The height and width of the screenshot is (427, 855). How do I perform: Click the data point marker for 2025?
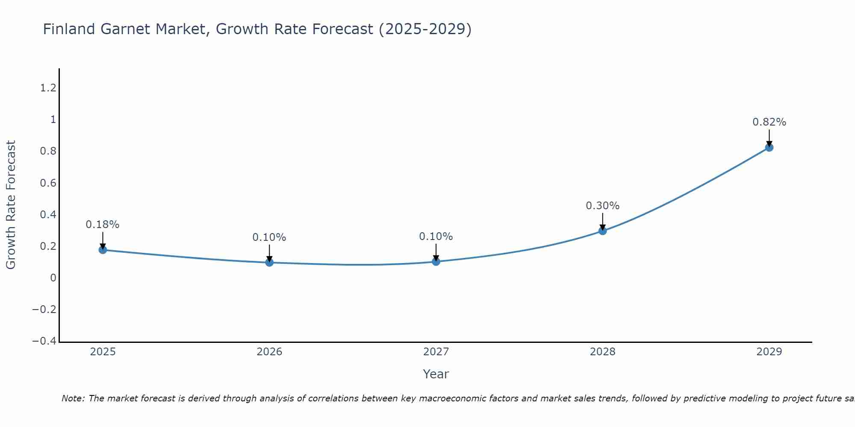tap(103, 250)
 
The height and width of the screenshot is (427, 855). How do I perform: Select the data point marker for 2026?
tap(269, 262)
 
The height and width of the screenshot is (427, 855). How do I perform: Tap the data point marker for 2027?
tap(436, 261)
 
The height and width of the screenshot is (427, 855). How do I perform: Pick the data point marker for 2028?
tap(602, 231)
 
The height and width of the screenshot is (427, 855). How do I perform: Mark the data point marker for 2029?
tap(769, 148)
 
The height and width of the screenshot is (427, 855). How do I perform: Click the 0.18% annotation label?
tap(103, 225)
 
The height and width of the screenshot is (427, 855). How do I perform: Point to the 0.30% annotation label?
tap(602, 206)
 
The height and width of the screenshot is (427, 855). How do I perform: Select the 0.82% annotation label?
tap(769, 122)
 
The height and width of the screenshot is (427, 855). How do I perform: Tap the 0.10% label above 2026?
tap(269, 237)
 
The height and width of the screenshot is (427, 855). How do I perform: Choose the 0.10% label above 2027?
tap(436, 237)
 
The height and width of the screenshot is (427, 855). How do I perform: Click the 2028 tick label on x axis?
tap(602, 352)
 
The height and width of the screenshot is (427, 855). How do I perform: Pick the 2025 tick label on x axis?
tap(103, 352)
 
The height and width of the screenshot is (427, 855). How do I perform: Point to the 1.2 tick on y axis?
tap(48, 88)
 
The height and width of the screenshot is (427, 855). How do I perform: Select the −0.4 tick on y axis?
tap(44, 341)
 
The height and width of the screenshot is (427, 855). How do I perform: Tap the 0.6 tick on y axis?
tap(48, 183)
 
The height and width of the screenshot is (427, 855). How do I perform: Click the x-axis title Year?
tap(436, 374)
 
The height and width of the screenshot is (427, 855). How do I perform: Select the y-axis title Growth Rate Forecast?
tap(11, 205)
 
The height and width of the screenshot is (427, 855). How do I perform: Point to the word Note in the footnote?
tap(73, 398)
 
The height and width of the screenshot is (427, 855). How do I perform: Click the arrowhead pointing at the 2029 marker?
tap(769, 144)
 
